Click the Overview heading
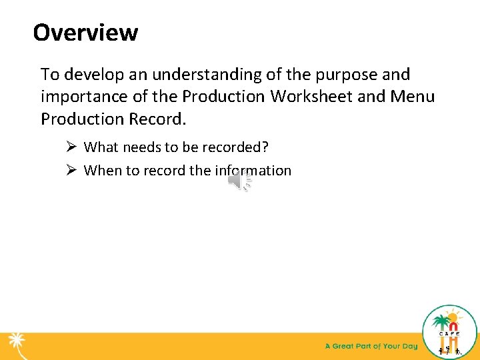pos(85,32)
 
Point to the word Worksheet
pos(311,97)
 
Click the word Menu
pos(413,97)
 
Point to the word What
pos(101,147)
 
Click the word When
pos(102,170)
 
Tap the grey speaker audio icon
pos(239,181)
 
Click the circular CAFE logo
pos(450,331)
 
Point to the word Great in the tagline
pos(348,346)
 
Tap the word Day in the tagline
pos(409,346)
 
